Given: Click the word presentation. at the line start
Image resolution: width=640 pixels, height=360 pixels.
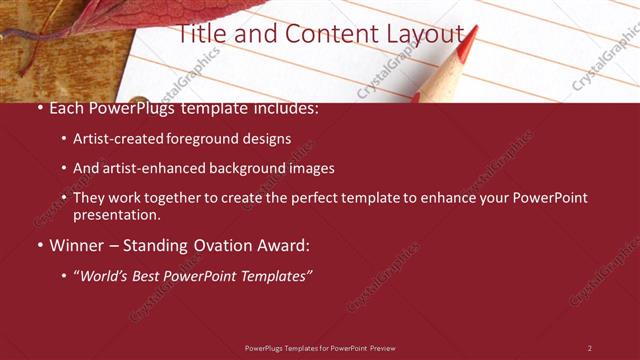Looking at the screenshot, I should click(x=116, y=214).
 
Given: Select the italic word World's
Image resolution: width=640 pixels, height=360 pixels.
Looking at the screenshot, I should click(x=105, y=275).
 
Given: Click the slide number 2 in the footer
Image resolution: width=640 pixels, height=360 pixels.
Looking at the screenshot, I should click(x=590, y=348).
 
